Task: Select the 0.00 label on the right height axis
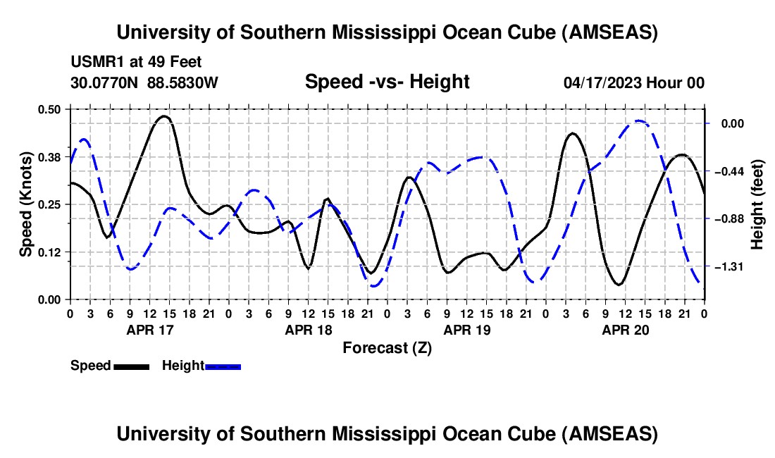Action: click(x=737, y=124)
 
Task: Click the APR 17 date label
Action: click(x=149, y=329)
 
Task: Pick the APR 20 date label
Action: click(x=624, y=329)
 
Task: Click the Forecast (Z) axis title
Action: click(x=387, y=347)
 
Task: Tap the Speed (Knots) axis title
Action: click(x=25, y=204)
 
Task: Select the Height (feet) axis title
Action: click(x=758, y=204)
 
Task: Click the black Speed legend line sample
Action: click(x=131, y=366)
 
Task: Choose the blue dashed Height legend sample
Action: click(x=223, y=366)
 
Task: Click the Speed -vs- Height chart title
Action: click(x=387, y=82)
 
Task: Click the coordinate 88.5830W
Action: click(x=182, y=82)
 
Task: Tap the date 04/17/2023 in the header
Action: click(x=603, y=82)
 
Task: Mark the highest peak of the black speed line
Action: click(x=164, y=116)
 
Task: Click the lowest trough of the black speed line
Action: click(x=619, y=285)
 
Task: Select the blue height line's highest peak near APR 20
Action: click(x=638, y=121)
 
